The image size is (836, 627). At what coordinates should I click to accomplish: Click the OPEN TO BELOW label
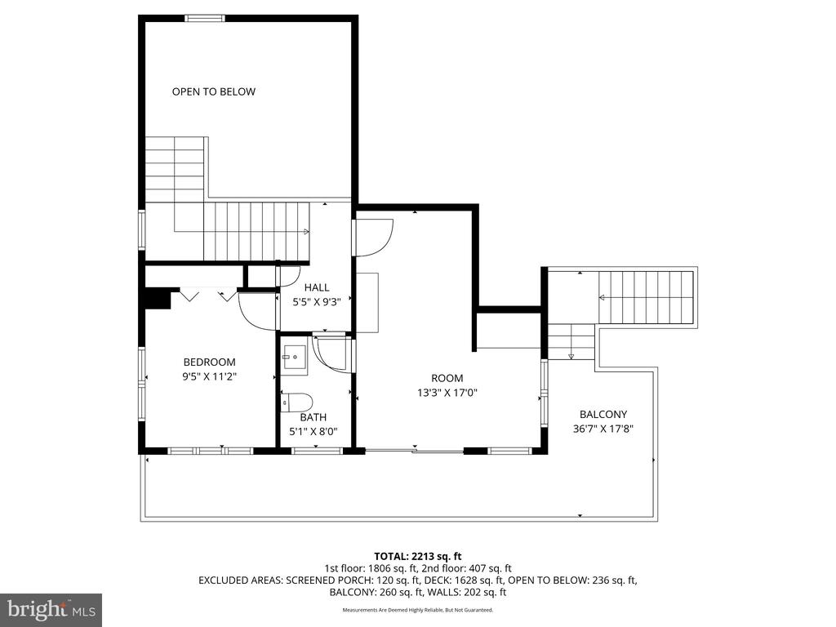click(213, 91)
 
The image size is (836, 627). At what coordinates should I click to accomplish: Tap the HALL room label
click(317, 287)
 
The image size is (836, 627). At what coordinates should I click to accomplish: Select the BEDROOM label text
click(209, 362)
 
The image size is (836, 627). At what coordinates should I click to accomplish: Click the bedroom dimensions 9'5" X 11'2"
click(209, 376)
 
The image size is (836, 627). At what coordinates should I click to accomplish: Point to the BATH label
click(313, 417)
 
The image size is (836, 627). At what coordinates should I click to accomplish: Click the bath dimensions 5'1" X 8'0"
click(313, 431)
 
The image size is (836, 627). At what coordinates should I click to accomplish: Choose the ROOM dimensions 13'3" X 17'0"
click(447, 392)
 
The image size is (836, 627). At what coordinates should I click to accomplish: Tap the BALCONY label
click(603, 414)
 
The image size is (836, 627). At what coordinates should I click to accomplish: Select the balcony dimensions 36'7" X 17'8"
click(603, 428)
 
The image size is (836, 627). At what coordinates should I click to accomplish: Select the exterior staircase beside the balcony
click(645, 297)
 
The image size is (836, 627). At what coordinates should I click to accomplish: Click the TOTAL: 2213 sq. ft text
click(417, 556)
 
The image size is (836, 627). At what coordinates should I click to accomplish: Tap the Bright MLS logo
click(51, 609)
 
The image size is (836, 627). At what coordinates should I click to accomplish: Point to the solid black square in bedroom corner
click(157, 299)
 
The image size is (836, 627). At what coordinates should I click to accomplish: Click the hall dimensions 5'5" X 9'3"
click(317, 301)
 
